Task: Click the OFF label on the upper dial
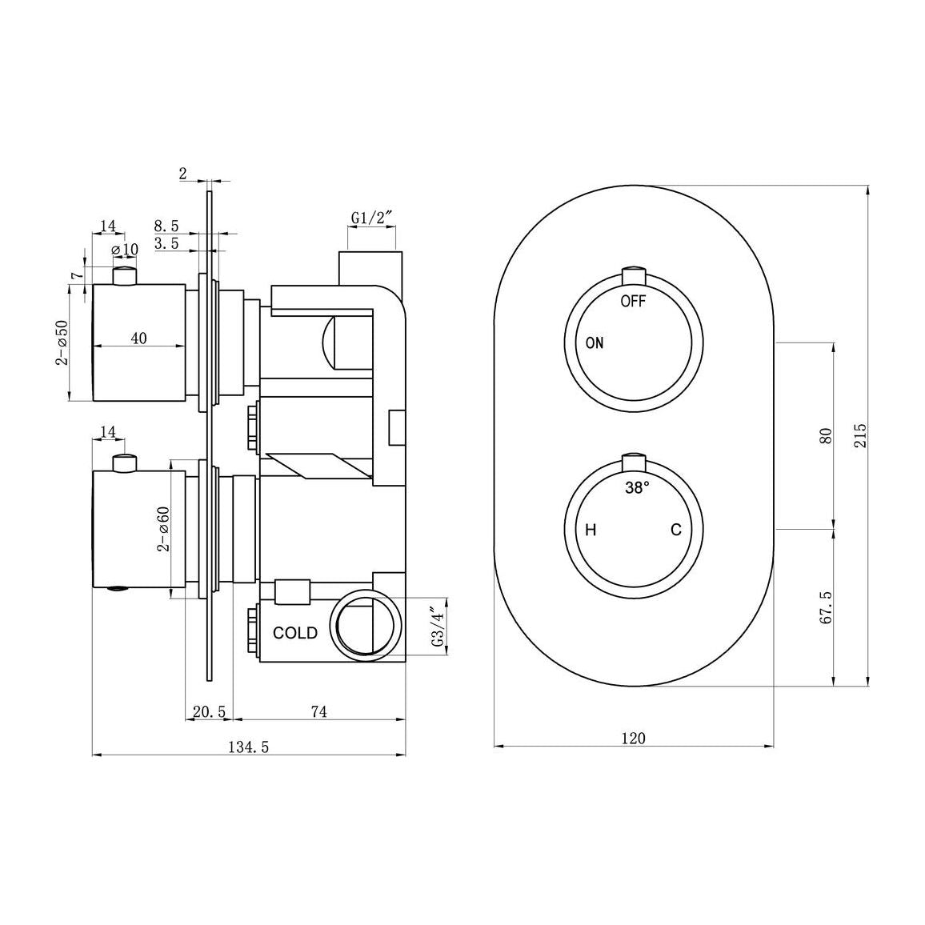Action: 633,302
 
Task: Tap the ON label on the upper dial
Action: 595,343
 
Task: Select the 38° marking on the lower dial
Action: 638,487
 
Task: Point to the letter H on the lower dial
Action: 591,530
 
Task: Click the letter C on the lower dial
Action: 676,530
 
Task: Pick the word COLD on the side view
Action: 295,633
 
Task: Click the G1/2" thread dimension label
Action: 372,218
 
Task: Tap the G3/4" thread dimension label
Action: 436,628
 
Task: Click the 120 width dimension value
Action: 633,738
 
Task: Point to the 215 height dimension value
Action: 860,435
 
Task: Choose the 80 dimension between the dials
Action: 827,435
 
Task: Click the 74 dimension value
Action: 318,711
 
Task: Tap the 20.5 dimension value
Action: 209,711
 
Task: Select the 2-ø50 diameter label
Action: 62,342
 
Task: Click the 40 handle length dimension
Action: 138,338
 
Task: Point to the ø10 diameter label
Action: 125,250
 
